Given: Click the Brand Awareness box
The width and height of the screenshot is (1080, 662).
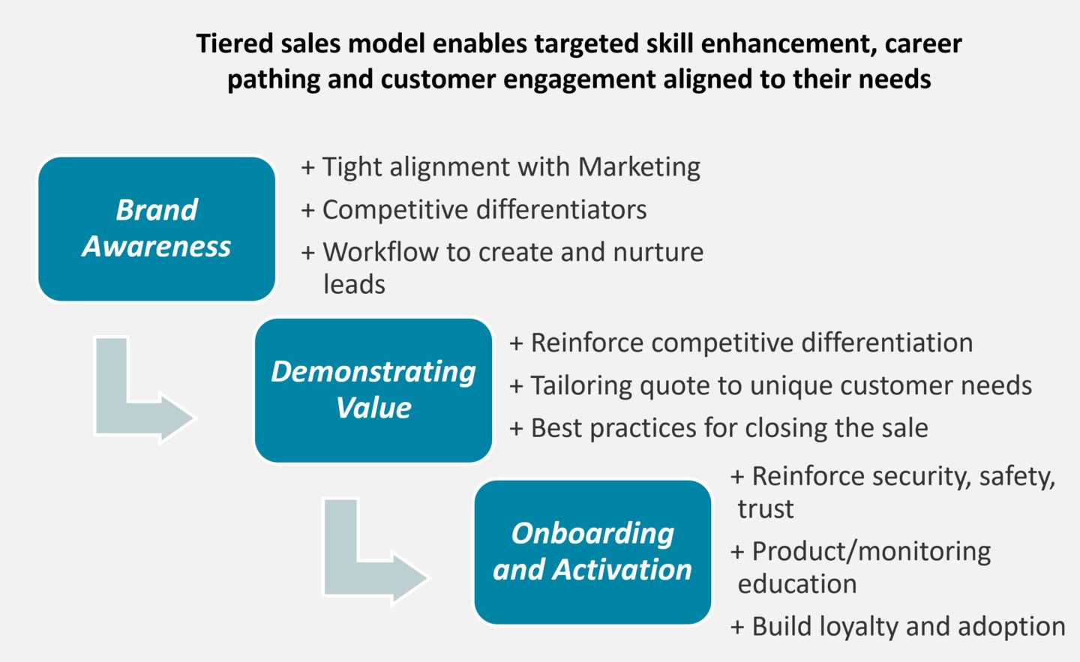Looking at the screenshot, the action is (157, 229).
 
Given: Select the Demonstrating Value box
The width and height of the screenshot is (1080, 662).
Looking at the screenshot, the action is (373, 391).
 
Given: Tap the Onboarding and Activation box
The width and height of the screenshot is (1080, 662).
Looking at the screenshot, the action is (592, 552).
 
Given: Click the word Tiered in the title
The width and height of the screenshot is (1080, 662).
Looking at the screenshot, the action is (235, 43).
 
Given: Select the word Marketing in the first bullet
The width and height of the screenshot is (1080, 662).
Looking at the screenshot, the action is (639, 167).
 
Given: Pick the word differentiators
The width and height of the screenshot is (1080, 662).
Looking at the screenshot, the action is (562, 210).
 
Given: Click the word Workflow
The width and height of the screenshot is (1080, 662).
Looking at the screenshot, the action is (380, 252).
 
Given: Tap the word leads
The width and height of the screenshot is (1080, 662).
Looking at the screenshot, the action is (354, 284).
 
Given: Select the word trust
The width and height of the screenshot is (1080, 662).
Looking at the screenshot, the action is (766, 509).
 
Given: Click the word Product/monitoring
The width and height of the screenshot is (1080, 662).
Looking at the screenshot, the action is (871, 552).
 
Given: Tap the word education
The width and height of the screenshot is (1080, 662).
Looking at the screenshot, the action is (797, 584).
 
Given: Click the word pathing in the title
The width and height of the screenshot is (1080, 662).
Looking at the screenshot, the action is (274, 79).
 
